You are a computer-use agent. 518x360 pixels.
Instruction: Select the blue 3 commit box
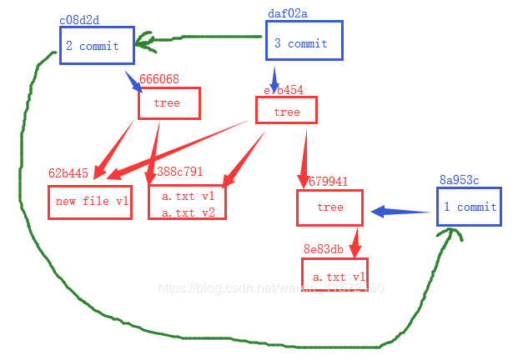pos(304,43)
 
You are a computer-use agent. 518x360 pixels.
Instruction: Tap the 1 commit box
pos(470,207)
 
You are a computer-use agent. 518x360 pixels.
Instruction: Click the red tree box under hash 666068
pos(169,103)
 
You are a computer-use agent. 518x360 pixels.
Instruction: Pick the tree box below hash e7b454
pos(286,112)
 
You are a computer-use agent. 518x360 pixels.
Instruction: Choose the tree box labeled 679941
pos(330,207)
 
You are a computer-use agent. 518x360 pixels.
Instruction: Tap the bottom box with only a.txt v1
pos(335,276)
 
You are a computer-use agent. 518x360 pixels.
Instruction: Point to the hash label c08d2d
pos(78,19)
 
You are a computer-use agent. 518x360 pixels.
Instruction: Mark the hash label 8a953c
pos(459,180)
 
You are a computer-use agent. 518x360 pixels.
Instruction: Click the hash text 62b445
pos(68,173)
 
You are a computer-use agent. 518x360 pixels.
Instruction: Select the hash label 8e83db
pos(324,249)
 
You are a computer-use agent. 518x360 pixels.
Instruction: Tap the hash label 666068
pos(158,79)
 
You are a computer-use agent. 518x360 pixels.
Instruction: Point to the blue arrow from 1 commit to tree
pos(400,212)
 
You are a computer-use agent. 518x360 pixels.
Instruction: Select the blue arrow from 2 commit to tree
pos(133,82)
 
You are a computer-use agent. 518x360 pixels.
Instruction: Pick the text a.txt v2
pos(189,212)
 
